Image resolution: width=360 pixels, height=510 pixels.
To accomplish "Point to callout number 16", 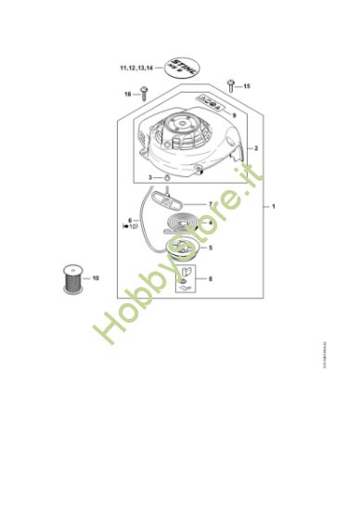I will click(x=127, y=94).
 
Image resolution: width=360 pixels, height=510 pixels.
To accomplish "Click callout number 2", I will click(x=255, y=148).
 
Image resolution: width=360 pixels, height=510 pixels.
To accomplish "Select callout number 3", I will click(x=151, y=176).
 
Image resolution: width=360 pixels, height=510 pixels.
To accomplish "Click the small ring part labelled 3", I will click(x=164, y=176).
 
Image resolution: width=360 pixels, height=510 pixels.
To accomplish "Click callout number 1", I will click(x=273, y=207).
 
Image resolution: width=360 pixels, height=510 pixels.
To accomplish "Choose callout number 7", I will click(x=212, y=204).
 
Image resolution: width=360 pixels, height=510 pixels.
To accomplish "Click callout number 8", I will click(x=212, y=277).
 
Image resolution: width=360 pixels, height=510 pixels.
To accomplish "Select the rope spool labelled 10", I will click(x=71, y=278).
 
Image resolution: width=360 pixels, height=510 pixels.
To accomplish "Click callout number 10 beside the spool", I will click(x=96, y=277).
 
